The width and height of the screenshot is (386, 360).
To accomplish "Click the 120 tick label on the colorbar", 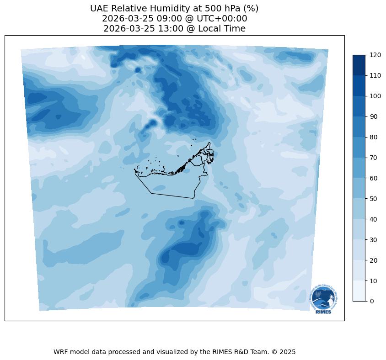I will [375, 55].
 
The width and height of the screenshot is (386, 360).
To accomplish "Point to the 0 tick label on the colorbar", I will [372, 301].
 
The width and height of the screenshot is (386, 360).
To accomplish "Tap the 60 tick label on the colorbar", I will [374, 178].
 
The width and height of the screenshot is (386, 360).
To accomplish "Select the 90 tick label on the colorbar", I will [374, 116].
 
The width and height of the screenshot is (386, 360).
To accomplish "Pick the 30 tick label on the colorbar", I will [374, 239].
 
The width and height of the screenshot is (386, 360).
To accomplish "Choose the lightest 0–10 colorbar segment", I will [359, 291].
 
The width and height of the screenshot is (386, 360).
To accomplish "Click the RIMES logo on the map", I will [323, 299].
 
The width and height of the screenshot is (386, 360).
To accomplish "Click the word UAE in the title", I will [100, 9].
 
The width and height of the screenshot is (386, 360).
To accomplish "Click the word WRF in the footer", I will [61, 352].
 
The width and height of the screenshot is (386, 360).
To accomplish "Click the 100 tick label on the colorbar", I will [375, 96].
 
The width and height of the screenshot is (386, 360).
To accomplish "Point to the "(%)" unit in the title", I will [250, 9].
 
